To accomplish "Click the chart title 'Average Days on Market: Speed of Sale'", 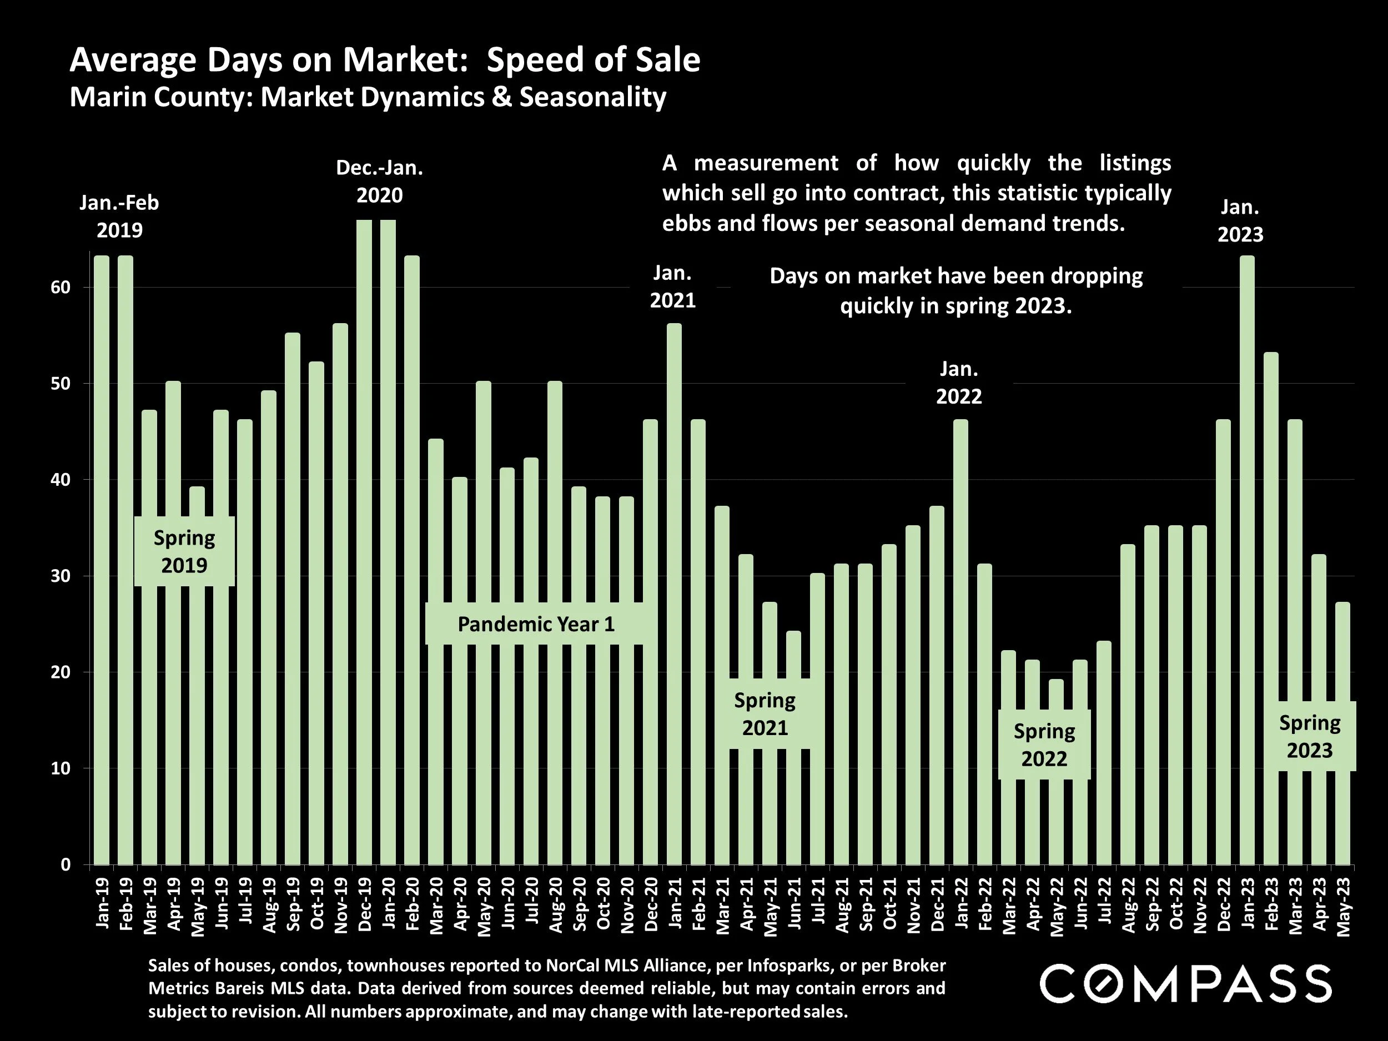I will point(384,60).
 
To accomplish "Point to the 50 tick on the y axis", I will point(61,384).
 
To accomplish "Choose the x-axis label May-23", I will point(1343,907).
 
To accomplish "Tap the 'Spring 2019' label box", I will point(184,551).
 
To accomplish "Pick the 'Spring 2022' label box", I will point(1044,745).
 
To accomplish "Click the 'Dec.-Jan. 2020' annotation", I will point(379,182).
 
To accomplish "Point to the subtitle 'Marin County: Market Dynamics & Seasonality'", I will point(368,97).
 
